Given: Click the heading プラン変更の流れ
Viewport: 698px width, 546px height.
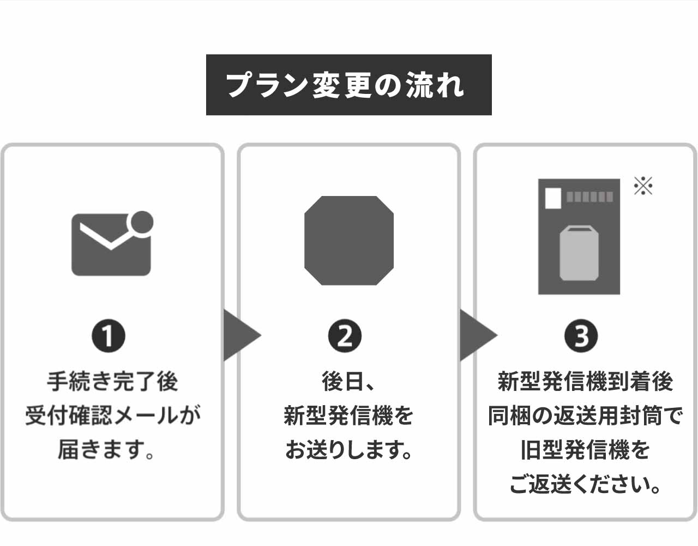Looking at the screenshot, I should click(348, 85).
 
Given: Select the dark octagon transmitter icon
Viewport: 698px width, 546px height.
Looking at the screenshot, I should click(348, 240).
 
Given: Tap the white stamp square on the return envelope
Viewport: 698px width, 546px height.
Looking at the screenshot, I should click(553, 198).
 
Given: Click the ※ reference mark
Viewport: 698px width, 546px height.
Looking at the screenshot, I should click(643, 186).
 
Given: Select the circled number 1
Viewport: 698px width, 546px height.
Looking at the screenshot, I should click(109, 336).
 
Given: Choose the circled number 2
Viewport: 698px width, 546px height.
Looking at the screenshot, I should click(345, 336).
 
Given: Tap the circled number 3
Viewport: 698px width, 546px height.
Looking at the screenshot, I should click(581, 336).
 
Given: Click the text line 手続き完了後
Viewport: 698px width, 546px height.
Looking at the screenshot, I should click(112, 381).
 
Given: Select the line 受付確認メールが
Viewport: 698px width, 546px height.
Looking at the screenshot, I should click(112, 416).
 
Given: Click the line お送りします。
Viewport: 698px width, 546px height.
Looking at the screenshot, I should click(348, 450).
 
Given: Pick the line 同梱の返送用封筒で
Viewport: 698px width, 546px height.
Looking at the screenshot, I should click(585, 416).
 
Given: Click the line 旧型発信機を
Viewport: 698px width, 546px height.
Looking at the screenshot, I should click(585, 450).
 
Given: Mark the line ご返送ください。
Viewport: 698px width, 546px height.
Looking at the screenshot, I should click(585, 484).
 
